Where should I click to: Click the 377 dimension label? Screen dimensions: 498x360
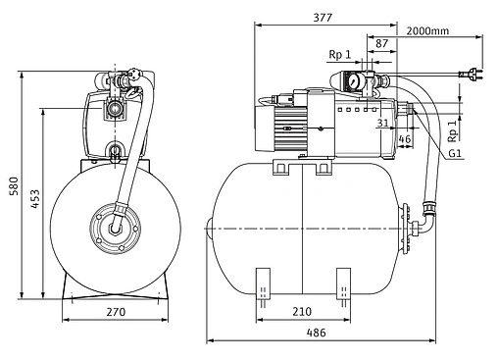323,18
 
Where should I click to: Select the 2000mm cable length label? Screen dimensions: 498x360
427,31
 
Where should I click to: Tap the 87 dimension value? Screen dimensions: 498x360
381,43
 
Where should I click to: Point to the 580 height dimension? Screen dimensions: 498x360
14,185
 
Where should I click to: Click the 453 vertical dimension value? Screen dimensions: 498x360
35,198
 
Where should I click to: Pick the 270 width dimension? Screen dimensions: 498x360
116,312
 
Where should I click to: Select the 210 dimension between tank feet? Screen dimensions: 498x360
302,312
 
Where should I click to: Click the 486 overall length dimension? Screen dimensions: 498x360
316,333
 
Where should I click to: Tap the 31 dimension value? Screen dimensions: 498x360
382,123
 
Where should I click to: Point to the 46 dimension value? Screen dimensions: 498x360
405,139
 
